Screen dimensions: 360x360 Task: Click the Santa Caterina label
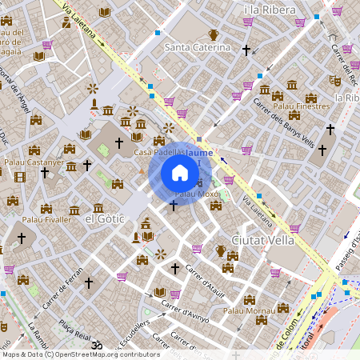pyautogui.click(x=197, y=47)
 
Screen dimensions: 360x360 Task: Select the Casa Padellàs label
pyautogui.click(x=159, y=152)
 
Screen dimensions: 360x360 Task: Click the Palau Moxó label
pyautogui.click(x=197, y=194)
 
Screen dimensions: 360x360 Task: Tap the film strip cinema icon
pyautogui.click(x=20, y=176)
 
